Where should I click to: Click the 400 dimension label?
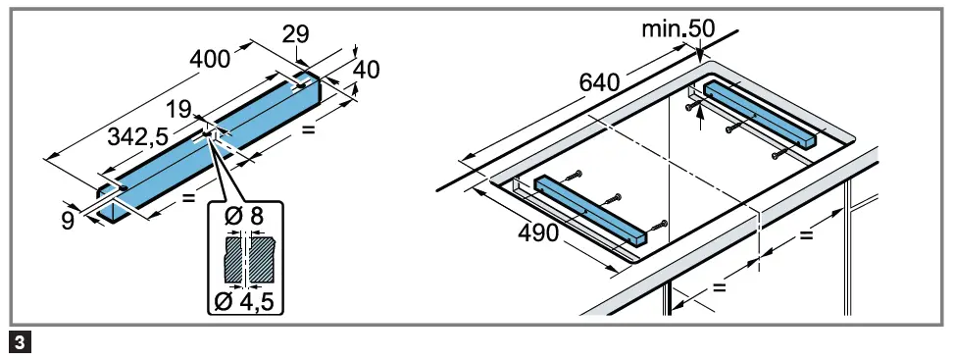210,60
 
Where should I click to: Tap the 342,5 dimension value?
138,136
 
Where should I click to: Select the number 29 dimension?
296,34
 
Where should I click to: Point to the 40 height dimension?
367,70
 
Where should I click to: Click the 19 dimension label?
179,110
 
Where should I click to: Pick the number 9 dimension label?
68,220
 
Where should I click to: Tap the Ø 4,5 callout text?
245,301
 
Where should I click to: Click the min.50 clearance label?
678,28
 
